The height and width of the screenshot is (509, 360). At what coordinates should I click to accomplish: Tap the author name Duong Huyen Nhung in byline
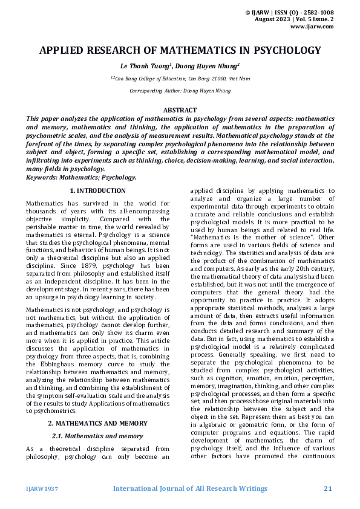(x=207, y=66)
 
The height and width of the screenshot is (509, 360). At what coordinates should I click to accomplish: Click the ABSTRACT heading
(x=180, y=110)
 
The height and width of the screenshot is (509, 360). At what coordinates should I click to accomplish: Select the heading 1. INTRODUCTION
(x=97, y=190)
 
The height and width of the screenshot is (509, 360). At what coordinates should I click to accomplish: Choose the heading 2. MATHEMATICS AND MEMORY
(x=97, y=423)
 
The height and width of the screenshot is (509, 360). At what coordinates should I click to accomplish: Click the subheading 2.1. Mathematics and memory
(x=97, y=435)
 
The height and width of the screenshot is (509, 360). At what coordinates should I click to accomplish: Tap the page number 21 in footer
(x=329, y=488)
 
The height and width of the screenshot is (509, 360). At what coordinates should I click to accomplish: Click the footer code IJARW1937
(x=42, y=488)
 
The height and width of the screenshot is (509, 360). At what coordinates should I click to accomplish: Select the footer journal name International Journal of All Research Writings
(x=191, y=488)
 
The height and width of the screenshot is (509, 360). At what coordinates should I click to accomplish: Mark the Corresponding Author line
(x=180, y=91)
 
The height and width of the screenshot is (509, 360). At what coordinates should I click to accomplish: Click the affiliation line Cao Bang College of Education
(x=180, y=79)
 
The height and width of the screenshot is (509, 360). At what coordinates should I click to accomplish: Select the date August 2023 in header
(x=281, y=19)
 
